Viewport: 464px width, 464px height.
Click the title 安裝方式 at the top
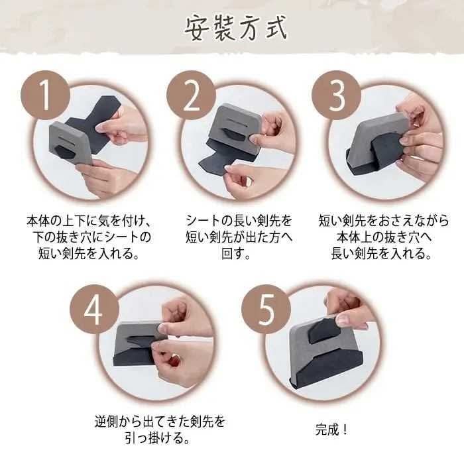click(x=236, y=28)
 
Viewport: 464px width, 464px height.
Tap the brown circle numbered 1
click(x=45, y=95)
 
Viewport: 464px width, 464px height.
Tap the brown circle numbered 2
click(x=191, y=95)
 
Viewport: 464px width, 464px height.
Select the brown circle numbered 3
click(x=337, y=95)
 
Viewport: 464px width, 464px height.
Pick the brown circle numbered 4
click(x=94, y=310)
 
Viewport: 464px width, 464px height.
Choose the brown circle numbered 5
click(x=266, y=310)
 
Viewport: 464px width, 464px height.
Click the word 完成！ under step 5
click(x=331, y=430)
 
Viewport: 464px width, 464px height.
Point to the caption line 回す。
click(x=236, y=254)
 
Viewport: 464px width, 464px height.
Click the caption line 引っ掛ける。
click(x=157, y=438)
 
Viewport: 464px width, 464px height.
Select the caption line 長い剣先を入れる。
click(x=381, y=254)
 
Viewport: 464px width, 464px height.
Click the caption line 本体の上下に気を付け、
click(x=89, y=221)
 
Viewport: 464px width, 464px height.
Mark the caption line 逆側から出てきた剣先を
click(x=160, y=422)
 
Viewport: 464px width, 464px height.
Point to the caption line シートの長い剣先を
click(x=239, y=221)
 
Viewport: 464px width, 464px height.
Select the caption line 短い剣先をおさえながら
click(x=384, y=221)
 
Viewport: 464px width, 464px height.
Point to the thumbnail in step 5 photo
click(x=344, y=319)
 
